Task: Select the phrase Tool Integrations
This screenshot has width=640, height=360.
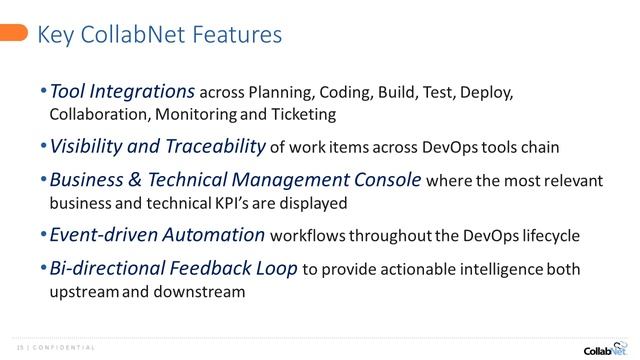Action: [122, 91]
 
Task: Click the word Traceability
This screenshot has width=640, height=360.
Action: [213, 146]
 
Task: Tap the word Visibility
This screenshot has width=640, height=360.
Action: [89, 146]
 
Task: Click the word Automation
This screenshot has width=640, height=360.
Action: [218, 235]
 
